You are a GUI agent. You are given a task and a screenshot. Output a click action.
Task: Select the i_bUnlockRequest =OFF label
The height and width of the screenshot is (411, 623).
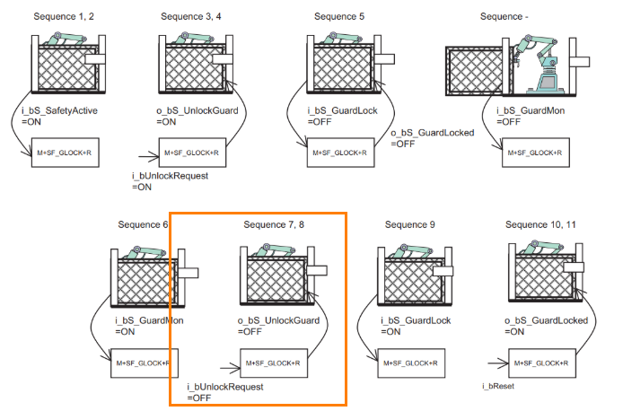pos(224,391)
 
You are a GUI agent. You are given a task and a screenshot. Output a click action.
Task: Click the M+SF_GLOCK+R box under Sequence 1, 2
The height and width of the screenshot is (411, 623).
pos(65,153)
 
